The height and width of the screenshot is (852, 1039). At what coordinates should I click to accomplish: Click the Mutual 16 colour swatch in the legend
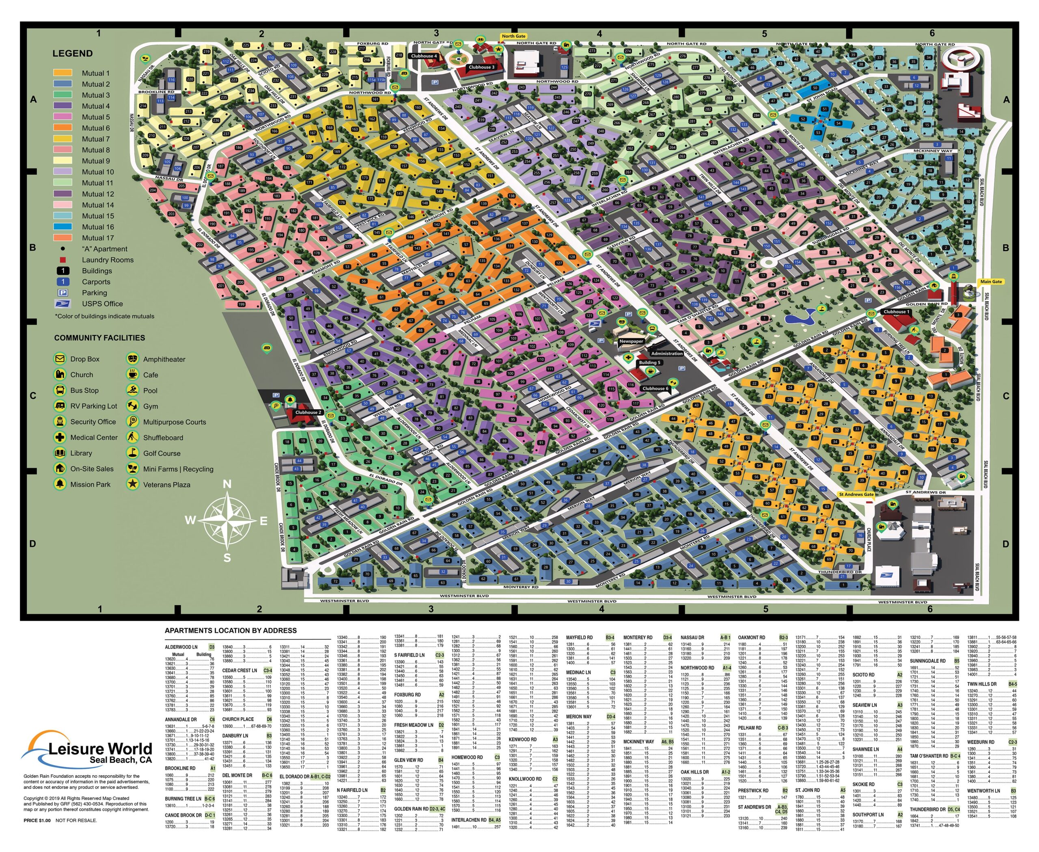63,227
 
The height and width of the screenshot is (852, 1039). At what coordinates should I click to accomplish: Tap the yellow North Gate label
513,36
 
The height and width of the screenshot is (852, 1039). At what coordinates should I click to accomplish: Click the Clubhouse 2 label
308,412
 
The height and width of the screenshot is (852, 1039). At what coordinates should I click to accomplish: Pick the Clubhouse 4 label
424,56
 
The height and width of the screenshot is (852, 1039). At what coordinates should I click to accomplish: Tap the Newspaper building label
631,341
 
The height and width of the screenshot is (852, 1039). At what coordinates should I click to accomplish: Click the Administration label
666,354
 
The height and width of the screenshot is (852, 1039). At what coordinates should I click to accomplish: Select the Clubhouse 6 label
654,388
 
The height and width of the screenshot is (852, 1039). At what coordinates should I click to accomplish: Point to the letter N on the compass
227,484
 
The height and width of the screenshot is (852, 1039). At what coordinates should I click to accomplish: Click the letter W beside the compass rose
190,520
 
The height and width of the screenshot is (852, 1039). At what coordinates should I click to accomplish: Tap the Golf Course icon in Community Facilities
132,453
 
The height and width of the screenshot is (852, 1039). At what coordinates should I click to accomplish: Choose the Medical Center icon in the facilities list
59,437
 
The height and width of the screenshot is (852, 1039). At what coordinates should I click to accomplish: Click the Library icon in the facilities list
59,453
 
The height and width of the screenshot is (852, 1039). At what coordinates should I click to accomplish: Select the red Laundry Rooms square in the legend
63,260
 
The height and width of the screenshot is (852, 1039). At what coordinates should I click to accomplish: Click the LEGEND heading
72,54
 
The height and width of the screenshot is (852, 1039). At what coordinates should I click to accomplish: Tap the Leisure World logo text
101,749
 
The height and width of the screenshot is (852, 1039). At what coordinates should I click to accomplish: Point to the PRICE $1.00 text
37,820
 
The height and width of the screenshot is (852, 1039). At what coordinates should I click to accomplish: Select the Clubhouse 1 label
896,312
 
